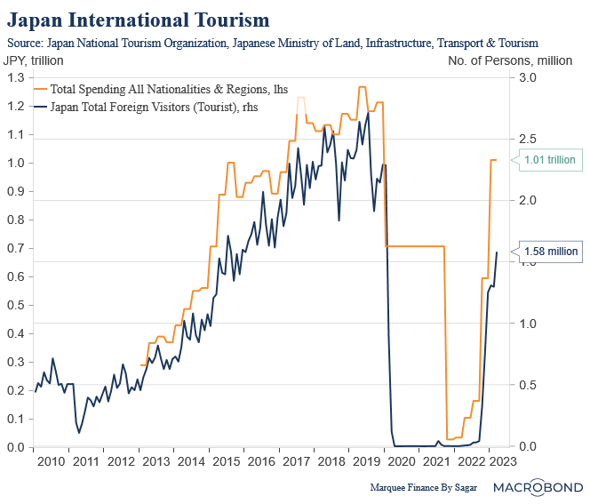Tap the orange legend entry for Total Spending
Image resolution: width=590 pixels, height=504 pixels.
[x=147, y=89]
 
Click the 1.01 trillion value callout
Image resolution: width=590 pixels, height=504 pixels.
[x=550, y=161]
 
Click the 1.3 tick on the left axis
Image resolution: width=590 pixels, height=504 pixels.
[x=17, y=77]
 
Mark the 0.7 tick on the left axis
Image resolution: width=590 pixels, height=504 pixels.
[x=17, y=248]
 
